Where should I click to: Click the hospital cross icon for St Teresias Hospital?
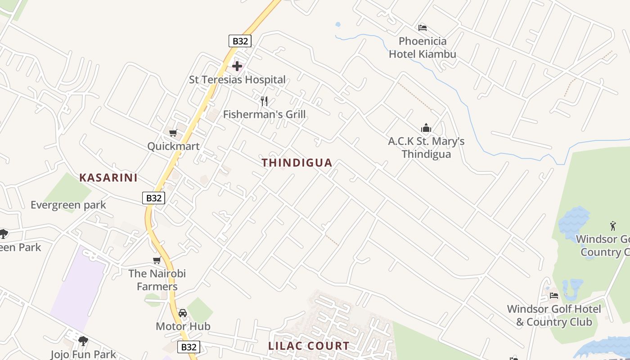[x=237, y=67]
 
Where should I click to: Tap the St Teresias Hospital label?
[x=237, y=80]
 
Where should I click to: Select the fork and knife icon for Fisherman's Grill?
[x=264, y=101]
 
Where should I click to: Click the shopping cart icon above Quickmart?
[x=173, y=133]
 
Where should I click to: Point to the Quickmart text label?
[x=173, y=146]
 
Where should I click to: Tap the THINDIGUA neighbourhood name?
[x=297, y=163]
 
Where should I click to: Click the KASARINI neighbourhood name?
[x=108, y=178]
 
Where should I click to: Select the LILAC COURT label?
[x=309, y=346]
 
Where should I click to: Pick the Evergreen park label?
[x=68, y=205]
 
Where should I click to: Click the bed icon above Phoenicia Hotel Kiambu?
[x=422, y=28]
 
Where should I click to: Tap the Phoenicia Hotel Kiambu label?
[x=423, y=48]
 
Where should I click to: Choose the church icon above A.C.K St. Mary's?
[x=426, y=128]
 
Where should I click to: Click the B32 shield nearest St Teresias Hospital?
[x=240, y=41]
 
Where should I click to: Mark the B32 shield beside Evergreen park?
[x=154, y=198]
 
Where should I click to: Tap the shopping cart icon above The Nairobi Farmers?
[x=157, y=260]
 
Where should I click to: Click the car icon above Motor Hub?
[x=183, y=313]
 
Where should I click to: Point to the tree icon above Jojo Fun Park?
[x=83, y=341]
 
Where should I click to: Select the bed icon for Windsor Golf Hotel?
[x=554, y=295]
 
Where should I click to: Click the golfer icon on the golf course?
[x=612, y=225]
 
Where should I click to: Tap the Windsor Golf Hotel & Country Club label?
[x=554, y=315]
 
